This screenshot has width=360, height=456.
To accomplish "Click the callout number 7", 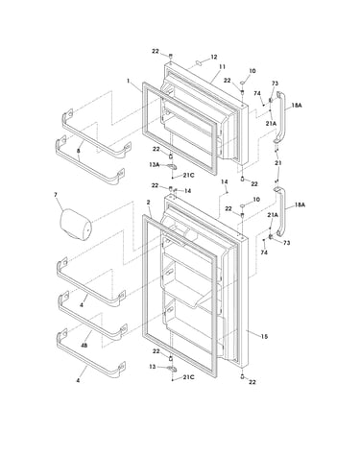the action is pyautogui.click(x=56, y=195).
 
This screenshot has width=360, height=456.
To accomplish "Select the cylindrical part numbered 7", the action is pyautogui.click(x=76, y=225).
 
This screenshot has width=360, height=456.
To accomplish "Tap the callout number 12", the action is pyautogui.click(x=214, y=57).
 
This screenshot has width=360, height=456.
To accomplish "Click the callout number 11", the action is pyautogui.click(x=222, y=66).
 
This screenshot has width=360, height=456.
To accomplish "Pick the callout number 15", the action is pyautogui.click(x=264, y=336).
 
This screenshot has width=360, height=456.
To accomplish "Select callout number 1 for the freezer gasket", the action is pyautogui.click(x=129, y=81).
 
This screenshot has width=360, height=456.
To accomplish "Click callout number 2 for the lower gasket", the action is pyautogui.click(x=148, y=203).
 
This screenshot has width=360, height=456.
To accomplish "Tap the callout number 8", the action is pyautogui.click(x=79, y=150).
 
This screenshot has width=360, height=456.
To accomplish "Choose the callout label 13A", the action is pyautogui.click(x=154, y=164).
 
